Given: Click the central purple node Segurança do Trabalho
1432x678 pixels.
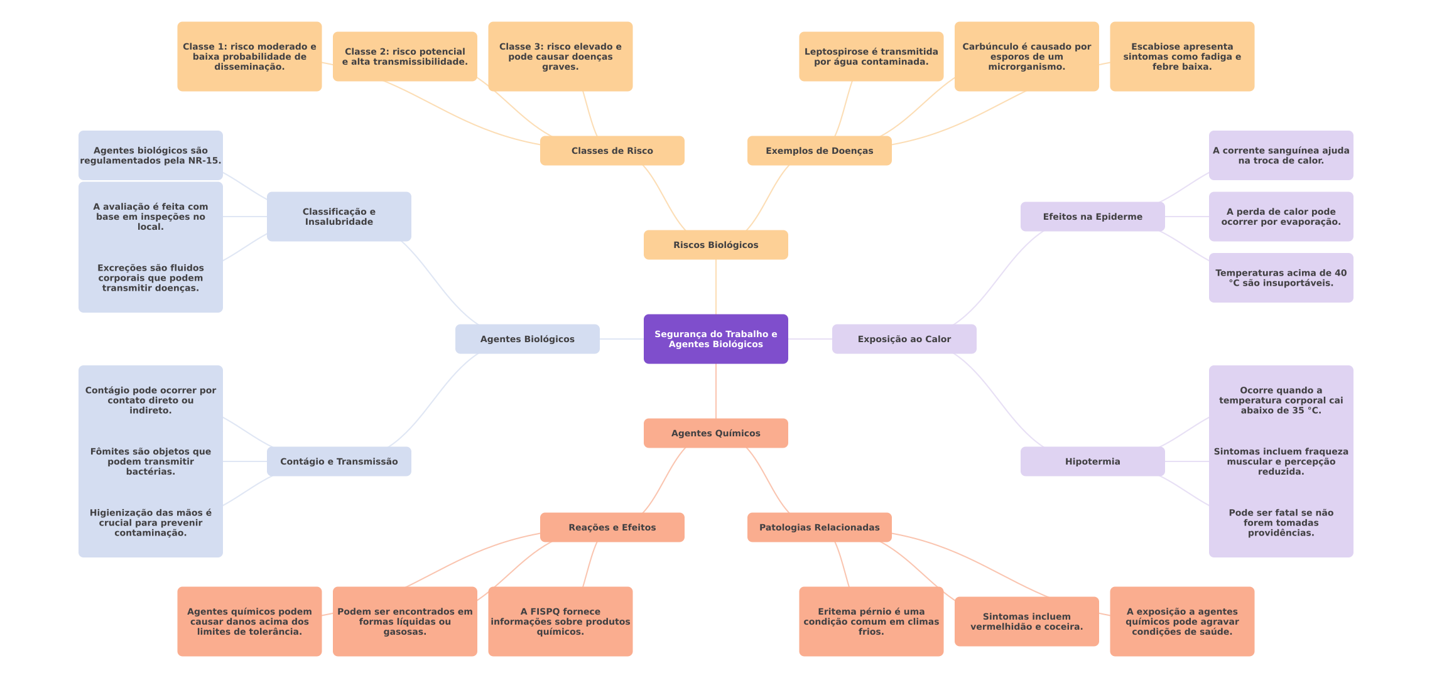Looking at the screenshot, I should [715, 339].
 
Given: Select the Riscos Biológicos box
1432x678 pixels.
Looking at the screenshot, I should [715, 245].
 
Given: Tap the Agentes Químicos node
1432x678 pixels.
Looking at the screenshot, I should [715, 433].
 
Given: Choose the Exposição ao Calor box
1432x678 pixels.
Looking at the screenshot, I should [904, 339].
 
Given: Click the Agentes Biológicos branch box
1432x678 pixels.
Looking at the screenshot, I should [527, 339].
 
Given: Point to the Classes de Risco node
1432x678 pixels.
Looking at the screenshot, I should [612, 151].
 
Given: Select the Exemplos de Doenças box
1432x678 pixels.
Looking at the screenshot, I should [819, 151].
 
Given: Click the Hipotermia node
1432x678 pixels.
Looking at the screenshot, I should [1092, 461].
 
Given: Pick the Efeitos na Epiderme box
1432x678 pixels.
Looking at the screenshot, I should [1092, 217].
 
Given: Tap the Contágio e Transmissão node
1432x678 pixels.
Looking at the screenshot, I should [339, 461].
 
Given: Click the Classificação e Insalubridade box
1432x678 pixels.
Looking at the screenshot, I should [339, 217].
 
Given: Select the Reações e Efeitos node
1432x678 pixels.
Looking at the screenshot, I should [612, 527].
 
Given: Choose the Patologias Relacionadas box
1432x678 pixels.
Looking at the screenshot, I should [819, 527].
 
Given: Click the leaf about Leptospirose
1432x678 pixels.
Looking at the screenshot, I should [871, 56].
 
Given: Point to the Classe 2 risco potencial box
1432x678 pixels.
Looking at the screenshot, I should [404, 56].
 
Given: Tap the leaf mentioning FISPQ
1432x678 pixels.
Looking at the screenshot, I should [560, 621].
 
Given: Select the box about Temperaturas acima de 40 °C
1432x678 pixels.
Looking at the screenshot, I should [1281, 277].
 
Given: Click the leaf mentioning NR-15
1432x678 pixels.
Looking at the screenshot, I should [150, 155].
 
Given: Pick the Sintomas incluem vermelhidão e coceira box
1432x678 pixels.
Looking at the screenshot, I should [1026, 621].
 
